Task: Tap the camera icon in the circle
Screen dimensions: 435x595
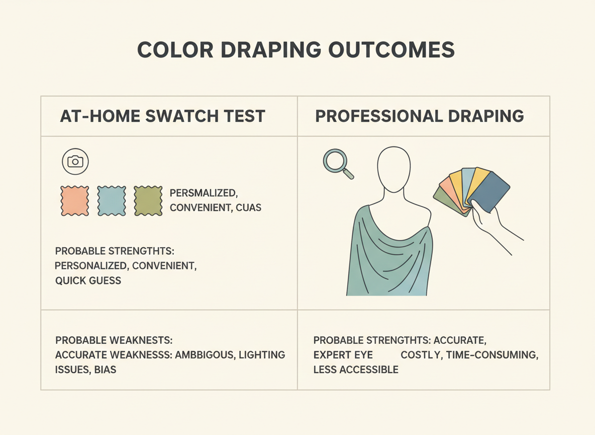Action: pyautogui.click(x=75, y=161)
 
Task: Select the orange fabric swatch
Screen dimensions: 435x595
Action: pyautogui.click(x=74, y=200)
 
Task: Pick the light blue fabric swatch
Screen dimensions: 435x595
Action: pyautogui.click(x=111, y=200)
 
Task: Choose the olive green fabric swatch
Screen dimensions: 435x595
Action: pyautogui.click(x=148, y=200)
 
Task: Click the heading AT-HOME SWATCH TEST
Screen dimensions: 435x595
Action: pyautogui.click(x=162, y=116)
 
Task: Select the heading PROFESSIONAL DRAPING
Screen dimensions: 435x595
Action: pyautogui.click(x=419, y=116)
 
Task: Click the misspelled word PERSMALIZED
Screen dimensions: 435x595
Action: pyautogui.click(x=203, y=193)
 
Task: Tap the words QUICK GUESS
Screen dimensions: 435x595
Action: pyautogui.click(x=88, y=280)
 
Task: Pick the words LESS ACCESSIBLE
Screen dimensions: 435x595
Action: pyautogui.click(x=356, y=370)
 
